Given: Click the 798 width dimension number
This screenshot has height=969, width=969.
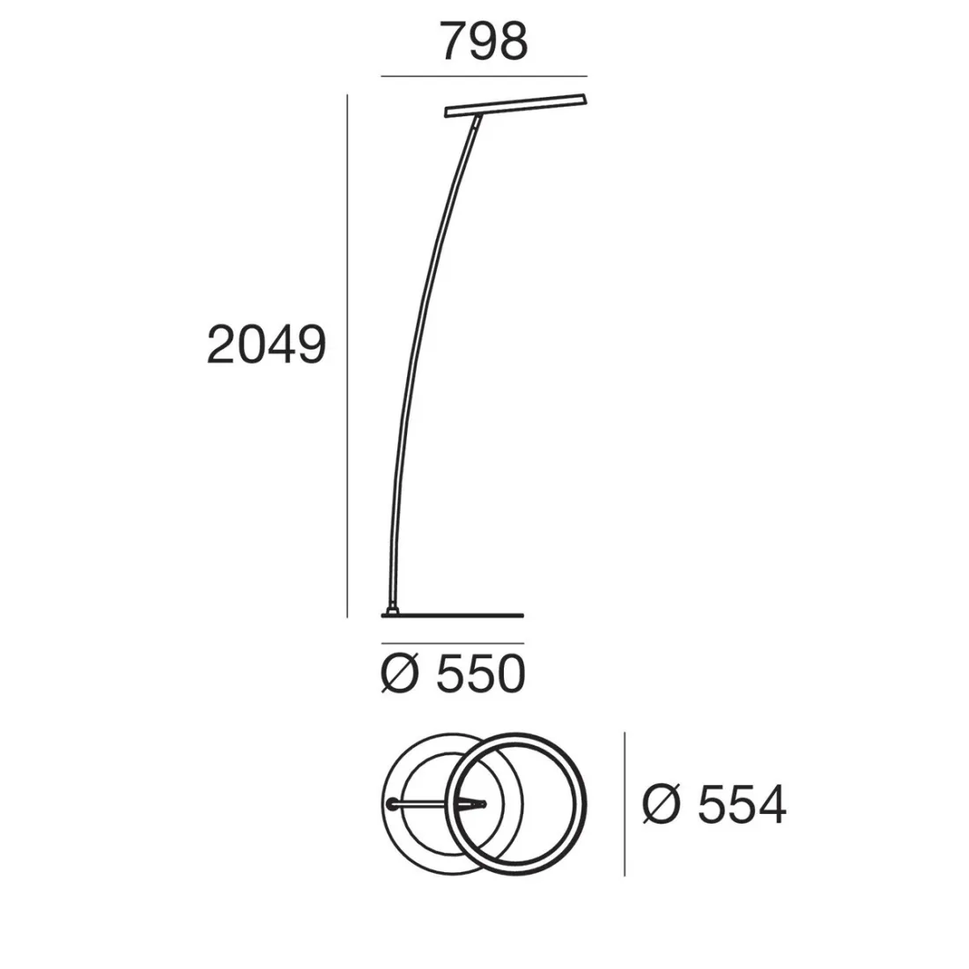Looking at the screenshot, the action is pos(484,41).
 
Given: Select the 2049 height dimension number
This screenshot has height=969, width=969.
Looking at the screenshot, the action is pos(266,344).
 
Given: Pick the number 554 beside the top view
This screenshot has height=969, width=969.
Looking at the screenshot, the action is pos(742,805).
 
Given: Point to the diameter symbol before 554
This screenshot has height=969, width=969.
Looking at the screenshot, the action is pos(662,804).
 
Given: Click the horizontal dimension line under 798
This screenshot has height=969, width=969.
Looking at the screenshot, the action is pos(484,77).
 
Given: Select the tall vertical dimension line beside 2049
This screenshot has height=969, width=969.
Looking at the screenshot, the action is pos(347,356).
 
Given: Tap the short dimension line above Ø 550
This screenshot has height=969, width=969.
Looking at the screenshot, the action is pos(453,643).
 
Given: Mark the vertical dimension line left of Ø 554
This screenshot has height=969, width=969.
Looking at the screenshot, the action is pos(625,804).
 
